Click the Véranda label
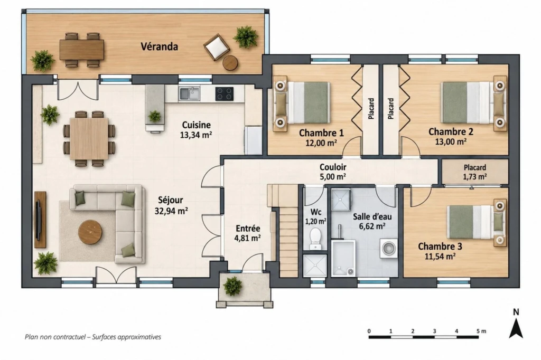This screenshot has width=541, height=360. tap(160, 46)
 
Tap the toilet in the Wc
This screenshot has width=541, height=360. tap(315, 238)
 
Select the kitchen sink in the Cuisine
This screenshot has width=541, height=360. tap(189, 93)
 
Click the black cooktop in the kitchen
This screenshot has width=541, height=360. tap(224, 94)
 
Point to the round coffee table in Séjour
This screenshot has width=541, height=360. tap(90, 232)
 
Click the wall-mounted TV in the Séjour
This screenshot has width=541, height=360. tap(39, 219)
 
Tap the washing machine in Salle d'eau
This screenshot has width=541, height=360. tap(389, 248)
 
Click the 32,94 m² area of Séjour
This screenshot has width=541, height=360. tap(171, 211)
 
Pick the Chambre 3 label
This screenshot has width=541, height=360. tap(440, 246)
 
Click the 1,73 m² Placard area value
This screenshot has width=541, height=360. tap(475, 176)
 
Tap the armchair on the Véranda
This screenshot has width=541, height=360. tap(216, 46)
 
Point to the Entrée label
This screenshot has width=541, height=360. tap(248, 228)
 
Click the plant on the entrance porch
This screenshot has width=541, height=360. tap(233, 286)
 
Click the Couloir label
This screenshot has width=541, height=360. tap(333, 167)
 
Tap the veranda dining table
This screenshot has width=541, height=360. tap(82, 50)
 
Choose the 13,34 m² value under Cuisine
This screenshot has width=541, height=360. tap(196, 135)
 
